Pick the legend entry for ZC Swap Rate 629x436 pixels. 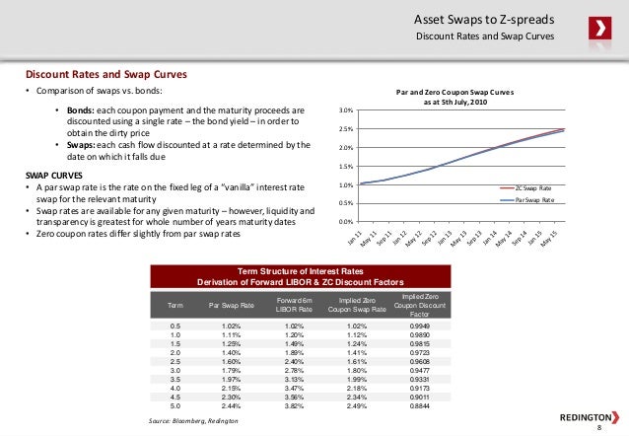(535, 186)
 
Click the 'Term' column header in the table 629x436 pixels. (175, 306)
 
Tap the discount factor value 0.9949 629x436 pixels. (419, 325)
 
